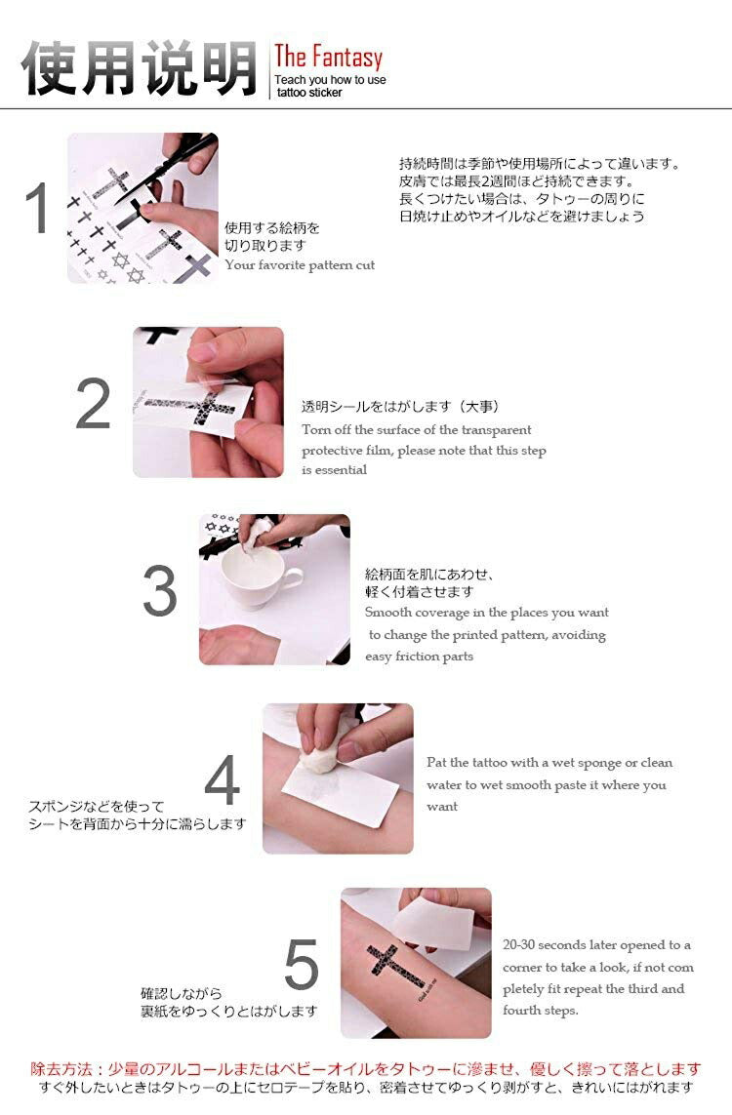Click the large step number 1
[x=38, y=208]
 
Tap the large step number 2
[x=93, y=403]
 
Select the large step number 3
[x=159, y=591]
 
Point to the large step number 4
[x=222, y=779]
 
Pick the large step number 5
[x=301, y=964]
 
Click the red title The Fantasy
[x=329, y=58]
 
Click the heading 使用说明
[x=139, y=68]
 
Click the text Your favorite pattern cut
[x=300, y=265]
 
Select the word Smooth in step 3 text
[x=388, y=613]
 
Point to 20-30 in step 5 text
[x=518, y=945]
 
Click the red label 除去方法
[x=61, y=1069]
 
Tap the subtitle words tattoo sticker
[x=309, y=93]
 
